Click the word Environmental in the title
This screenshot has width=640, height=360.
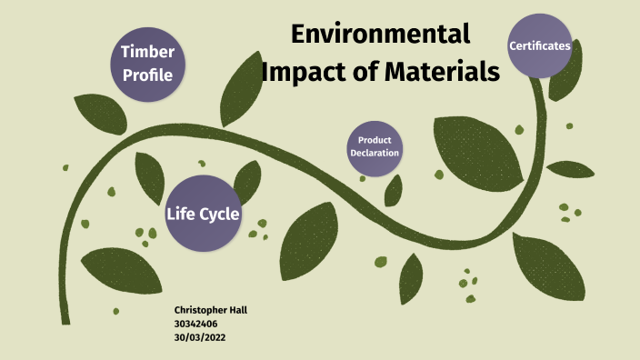coord(380,35)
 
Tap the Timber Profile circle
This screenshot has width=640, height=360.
coord(148,63)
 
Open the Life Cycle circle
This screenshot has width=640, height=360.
coord(202,214)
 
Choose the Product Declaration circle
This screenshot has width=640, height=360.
coord(374,146)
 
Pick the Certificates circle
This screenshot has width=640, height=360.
coord(540,45)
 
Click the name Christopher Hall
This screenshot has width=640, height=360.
coord(210,310)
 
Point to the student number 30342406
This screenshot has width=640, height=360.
coord(195,323)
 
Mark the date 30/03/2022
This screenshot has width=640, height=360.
coord(199,336)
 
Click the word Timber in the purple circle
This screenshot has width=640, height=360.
coord(148,52)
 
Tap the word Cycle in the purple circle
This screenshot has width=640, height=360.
coord(221,215)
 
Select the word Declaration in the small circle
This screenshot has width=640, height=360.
coord(375,153)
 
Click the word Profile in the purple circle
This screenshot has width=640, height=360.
coord(148,75)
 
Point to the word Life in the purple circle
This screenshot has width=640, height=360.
coord(181,215)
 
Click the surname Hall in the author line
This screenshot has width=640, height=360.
coord(237,310)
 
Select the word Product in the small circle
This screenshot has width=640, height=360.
coord(375,140)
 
